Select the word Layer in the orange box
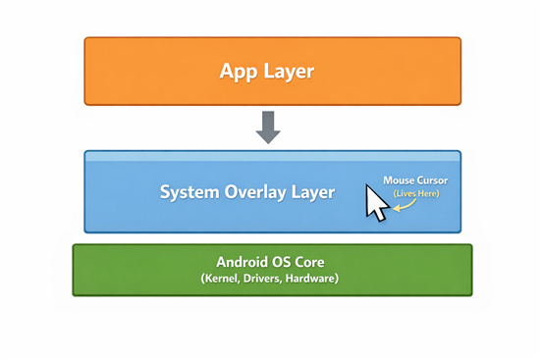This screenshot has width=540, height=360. coord(291,72)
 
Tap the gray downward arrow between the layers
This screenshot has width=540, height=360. coord(268,127)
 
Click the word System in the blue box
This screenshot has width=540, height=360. coord(189,192)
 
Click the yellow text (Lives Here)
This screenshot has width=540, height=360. coord(416,194)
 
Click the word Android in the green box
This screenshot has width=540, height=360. coord(246,263)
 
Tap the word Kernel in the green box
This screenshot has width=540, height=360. coord(222,280)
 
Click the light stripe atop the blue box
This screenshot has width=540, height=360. coord(272,156)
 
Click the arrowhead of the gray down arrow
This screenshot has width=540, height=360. coord(268,136)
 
